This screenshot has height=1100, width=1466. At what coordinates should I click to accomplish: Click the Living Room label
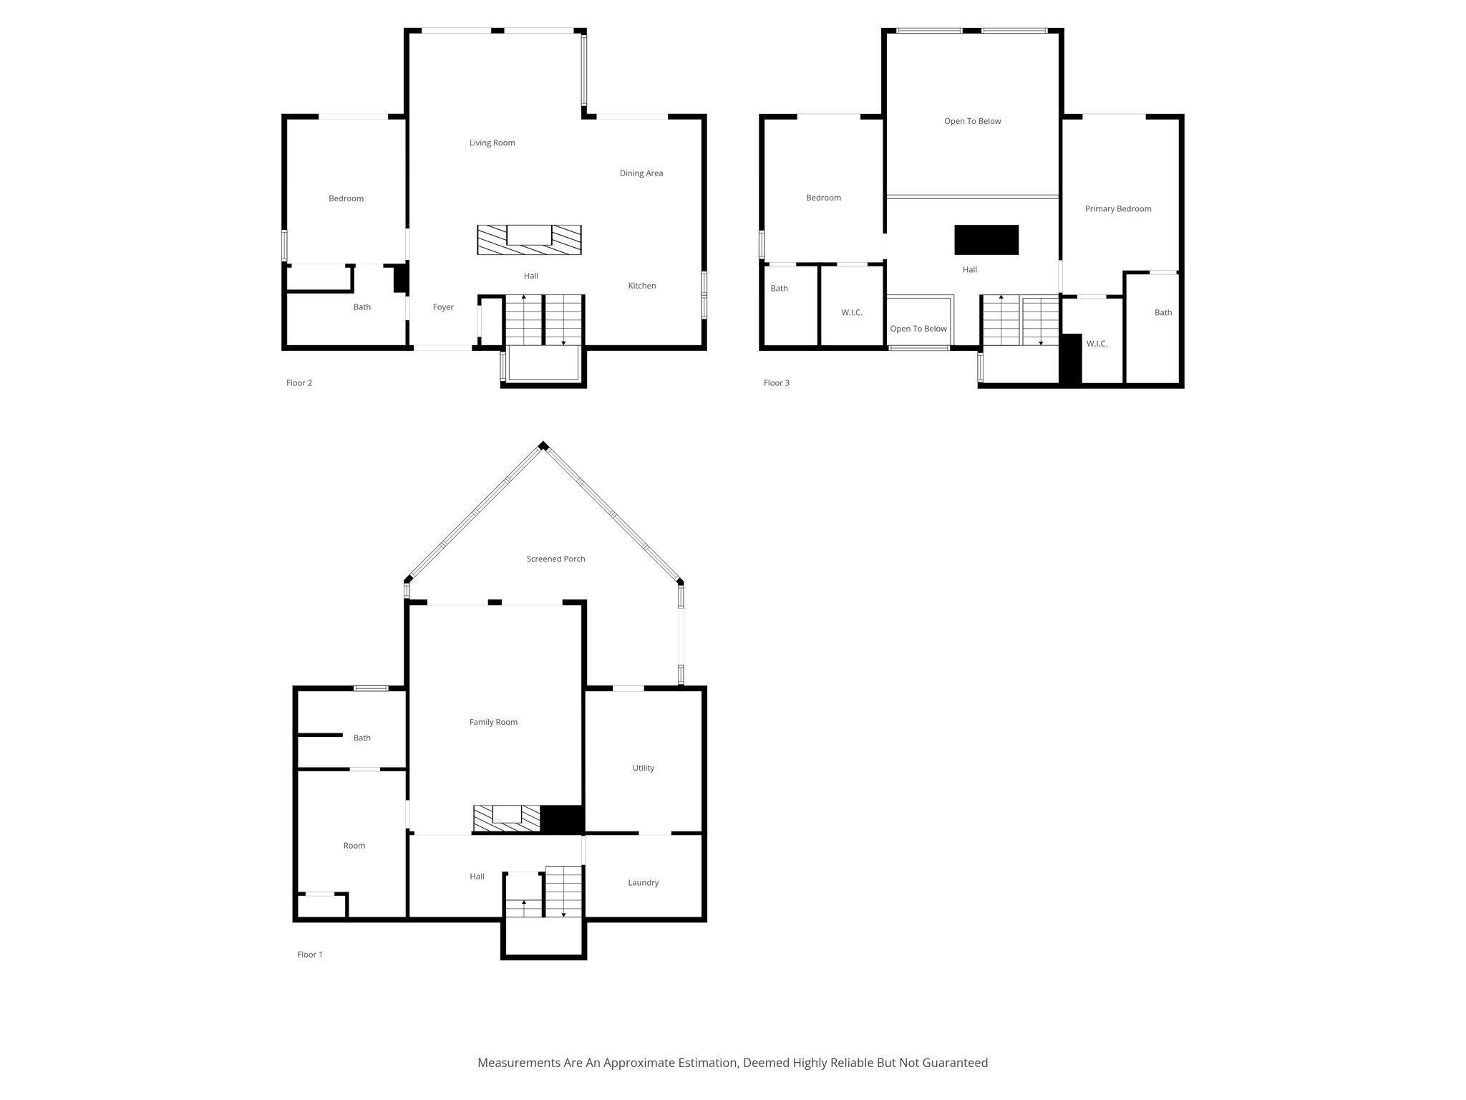[x=492, y=143]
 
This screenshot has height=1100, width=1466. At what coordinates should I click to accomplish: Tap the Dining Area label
[x=641, y=173]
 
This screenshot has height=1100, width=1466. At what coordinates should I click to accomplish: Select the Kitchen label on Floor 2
[x=641, y=286]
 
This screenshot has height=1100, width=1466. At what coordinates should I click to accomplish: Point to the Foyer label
[x=443, y=307]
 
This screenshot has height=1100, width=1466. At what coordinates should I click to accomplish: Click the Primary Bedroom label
[x=1117, y=209]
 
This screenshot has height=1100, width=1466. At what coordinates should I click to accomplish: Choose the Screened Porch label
[x=555, y=559]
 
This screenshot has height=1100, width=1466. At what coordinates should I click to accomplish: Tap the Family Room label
[x=492, y=722]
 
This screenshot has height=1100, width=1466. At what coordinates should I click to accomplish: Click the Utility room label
[x=643, y=768]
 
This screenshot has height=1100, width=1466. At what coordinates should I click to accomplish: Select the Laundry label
[x=643, y=882]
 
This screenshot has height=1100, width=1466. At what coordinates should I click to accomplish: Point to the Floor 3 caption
[x=776, y=383]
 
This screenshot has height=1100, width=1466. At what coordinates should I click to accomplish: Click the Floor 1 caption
[x=309, y=955]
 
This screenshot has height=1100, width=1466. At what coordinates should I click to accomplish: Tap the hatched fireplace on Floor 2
[x=529, y=240]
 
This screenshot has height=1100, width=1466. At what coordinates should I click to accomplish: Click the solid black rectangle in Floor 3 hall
[x=986, y=240]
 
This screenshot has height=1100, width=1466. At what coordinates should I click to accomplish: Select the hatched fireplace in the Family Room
[x=506, y=819]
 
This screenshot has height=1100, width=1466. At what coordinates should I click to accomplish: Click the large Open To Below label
[x=972, y=121]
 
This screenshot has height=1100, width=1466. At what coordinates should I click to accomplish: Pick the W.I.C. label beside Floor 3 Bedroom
[x=851, y=312]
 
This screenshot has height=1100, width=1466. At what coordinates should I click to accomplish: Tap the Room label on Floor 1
[x=354, y=846]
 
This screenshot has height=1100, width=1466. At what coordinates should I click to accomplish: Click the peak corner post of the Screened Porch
[x=543, y=445]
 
